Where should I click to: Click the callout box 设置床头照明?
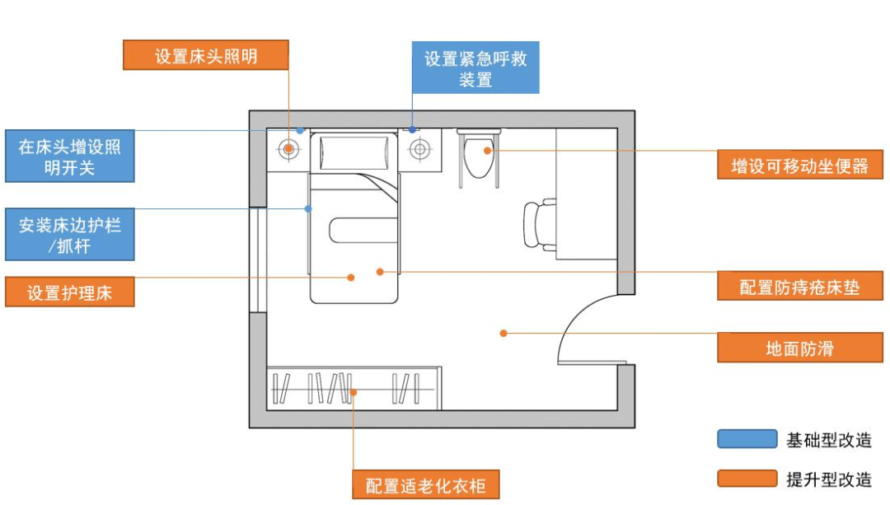pos(206,56)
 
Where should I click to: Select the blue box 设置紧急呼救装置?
pos(475,68)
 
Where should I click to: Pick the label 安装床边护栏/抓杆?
pos(69,235)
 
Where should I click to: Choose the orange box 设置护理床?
pos(69,292)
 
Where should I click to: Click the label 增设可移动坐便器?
pos(799,166)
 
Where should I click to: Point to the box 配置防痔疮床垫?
pos(799,287)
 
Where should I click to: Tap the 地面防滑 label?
pos(799,348)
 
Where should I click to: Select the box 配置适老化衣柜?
pos(426,484)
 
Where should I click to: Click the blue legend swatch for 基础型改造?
pos(747,439)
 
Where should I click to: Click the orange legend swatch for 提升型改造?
pos(747,479)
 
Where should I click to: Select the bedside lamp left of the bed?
pos(288,150)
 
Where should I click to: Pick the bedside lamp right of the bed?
pos(420,150)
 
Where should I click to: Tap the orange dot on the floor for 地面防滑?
pos(503,333)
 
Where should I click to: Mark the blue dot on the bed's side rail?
pos(307,208)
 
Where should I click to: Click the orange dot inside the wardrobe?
pos(353,393)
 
